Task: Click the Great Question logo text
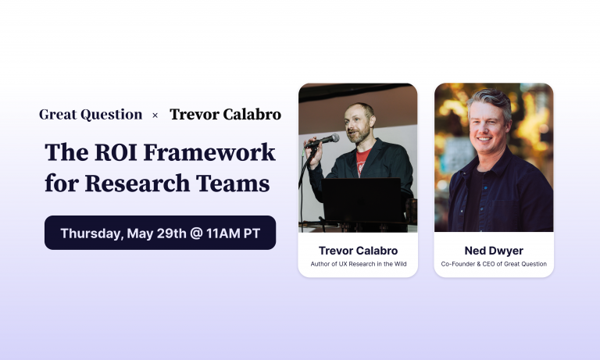click(91, 115)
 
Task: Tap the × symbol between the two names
click(155, 116)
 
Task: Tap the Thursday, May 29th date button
click(160, 233)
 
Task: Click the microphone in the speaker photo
click(324, 140)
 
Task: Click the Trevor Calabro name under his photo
click(358, 251)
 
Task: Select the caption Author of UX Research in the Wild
click(358, 264)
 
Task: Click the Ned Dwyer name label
click(494, 251)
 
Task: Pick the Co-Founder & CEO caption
click(494, 264)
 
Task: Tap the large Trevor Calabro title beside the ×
click(225, 115)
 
